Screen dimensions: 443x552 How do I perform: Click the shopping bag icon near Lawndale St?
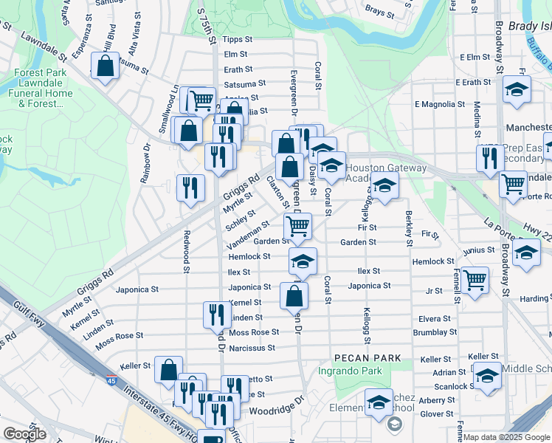[x=106, y=66]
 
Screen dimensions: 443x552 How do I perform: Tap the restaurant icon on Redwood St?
[x=190, y=188]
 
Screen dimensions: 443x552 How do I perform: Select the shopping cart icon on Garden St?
[x=297, y=225]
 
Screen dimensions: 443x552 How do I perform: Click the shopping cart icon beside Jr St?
[x=475, y=279]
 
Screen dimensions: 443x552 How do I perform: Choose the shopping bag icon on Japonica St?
[x=294, y=295]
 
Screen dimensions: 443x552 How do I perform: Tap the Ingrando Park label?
[x=350, y=371]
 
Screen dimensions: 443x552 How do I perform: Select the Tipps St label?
[x=237, y=39]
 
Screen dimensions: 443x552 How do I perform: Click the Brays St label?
[x=380, y=12]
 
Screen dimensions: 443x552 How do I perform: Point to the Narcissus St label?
[x=252, y=348]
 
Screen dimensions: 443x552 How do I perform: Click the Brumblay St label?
[x=436, y=333]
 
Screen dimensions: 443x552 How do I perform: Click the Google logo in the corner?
[x=24, y=434]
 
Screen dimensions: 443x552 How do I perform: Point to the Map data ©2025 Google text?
[x=506, y=437]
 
